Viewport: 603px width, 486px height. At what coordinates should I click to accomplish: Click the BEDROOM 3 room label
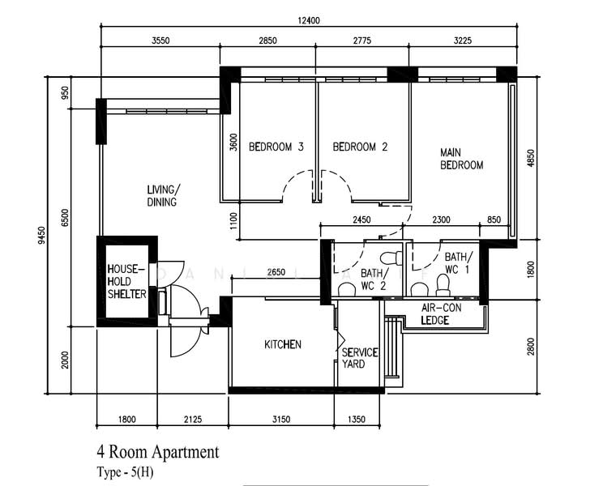pos(276,147)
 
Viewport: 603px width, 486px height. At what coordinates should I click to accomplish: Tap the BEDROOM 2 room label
pos(360,147)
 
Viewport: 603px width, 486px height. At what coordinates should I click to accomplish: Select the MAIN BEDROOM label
pos(461,159)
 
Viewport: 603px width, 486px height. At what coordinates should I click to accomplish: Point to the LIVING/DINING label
pos(162,196)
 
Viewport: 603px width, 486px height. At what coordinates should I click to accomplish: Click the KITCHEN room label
pos(282,344)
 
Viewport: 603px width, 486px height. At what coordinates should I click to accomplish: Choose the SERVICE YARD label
pos(360,358)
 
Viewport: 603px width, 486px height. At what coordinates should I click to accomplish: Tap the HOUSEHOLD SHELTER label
pos(126,281)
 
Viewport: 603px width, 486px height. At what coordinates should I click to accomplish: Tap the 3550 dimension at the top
pos(160,40)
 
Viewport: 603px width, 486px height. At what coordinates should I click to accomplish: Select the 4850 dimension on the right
pos(532,158)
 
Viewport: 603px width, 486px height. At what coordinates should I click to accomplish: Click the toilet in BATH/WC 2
pos(391,258)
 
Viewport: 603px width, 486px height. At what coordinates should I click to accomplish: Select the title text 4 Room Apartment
pos(158,452)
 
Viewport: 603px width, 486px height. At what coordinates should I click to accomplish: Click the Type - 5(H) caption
pos(124,471)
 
